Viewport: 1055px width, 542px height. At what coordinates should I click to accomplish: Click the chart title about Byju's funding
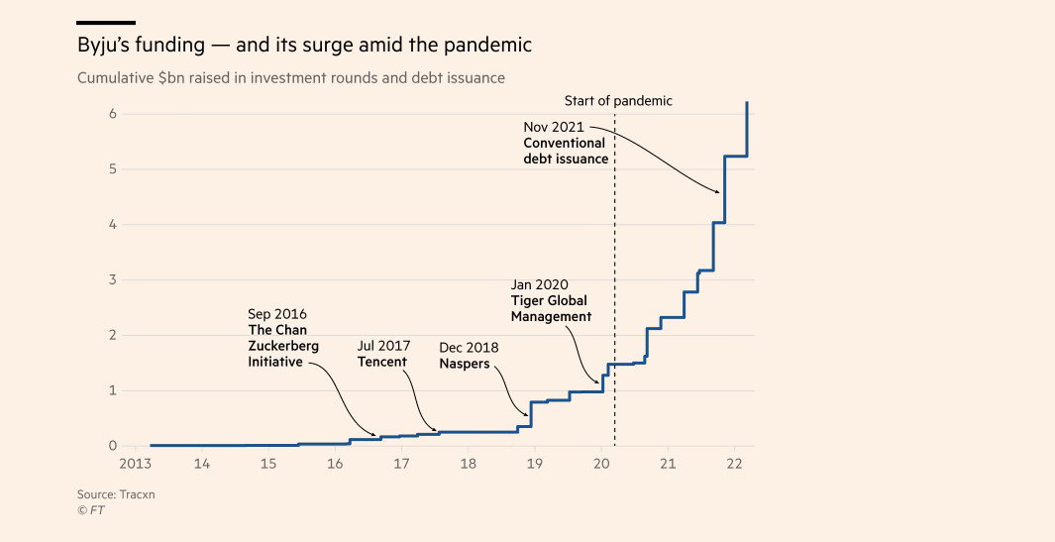pyautogui.click(x=304, y=46)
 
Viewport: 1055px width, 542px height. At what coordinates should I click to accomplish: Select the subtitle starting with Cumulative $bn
pyautogui.click(x=291, y=77)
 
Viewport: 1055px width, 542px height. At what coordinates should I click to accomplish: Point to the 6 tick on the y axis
pyautogui.click(x=113, y=114)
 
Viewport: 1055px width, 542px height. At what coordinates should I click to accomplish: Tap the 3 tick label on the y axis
pyautogui.click(x=113, y=280)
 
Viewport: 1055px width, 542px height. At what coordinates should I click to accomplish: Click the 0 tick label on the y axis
pyautogui.click(x=113, y=446)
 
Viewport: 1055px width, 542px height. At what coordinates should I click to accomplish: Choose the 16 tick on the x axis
pyautogui.click(x=335, y=464)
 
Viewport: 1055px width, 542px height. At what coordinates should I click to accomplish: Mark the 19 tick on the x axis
pyautogui.click(x=535, y=464)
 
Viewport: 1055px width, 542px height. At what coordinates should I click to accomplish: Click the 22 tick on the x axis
pyautogui.click(x=734, y=464)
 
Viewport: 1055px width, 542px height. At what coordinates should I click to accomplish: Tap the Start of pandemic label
pyautogui.click(x=618, y=101)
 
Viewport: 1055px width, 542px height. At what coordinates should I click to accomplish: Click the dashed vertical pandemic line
pyautogui.click(x=615, y=297)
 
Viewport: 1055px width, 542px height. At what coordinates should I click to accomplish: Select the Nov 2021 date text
pyautogui.click(x=554, y=127)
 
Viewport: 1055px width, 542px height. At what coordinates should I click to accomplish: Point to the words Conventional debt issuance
pyautogui.click(x=566, y=151)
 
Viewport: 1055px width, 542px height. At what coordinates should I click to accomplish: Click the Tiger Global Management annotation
pyautogui.click(x=551, y=308)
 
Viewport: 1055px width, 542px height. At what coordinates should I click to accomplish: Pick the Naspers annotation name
pyautogui.click(x=465, y=364)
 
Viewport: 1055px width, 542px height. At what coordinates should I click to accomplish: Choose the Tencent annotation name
pyautogui.click(x=382, y=362)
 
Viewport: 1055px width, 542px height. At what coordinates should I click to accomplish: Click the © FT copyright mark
pyautogui.click(x=91, y=510)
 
